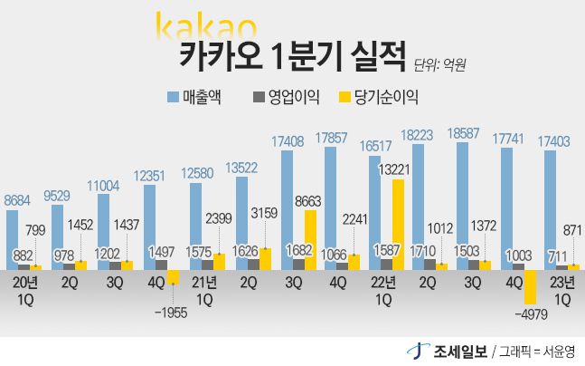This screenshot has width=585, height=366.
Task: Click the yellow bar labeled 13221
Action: coord(398,224)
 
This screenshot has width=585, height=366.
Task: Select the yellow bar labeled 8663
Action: coord(310,239)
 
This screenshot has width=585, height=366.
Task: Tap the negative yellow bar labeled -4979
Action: coord(530,286)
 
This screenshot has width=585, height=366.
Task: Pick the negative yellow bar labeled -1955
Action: coord(173,276)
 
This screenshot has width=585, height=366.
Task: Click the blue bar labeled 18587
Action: coord(462,205)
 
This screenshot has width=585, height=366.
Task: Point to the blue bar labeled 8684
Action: coord(12,239)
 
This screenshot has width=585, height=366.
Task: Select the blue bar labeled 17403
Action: coord(550,209)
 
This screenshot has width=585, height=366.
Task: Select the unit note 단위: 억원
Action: coord(445,65)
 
